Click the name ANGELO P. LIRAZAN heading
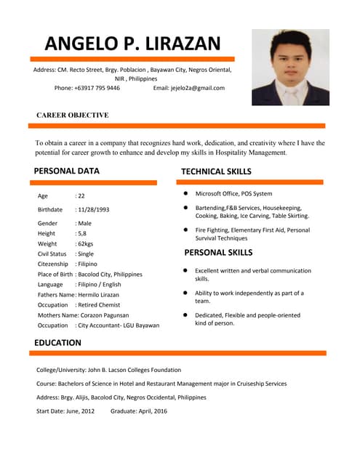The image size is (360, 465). pyautogui.click(x=132, y=43)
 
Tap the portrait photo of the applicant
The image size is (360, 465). pyautogui.click(x=290, y=67)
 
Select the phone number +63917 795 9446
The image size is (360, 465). pyautogui.click(x=97, y=88)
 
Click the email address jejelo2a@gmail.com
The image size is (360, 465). pyautogui.click(x=198, y=88)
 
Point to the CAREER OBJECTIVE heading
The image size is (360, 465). pyautogui.click(x=72, y=115)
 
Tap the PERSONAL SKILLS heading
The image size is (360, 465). pyautogui.click(x=218, y=253)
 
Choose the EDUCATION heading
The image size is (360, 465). pyautogui.click(x=57, y=342)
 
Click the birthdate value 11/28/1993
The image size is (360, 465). pyautogui.click(x=93, y=209)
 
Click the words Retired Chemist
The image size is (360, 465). pyautogui.click(x=101, y=305)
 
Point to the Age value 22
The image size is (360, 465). pyautogui.click(x=81, y=196)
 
